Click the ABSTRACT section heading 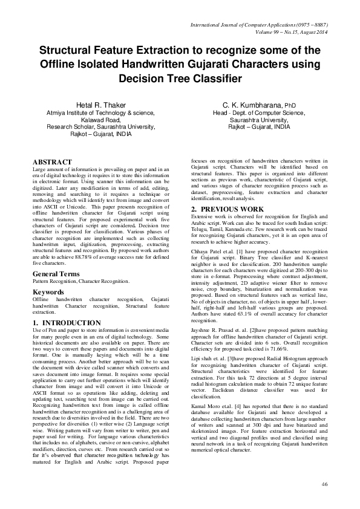[x=52, y=163]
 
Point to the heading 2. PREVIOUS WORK [x=227, y=209]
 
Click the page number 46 [x=325, y=484]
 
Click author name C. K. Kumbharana [x=250, y=105]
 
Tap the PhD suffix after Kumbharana [x=290, y=105]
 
